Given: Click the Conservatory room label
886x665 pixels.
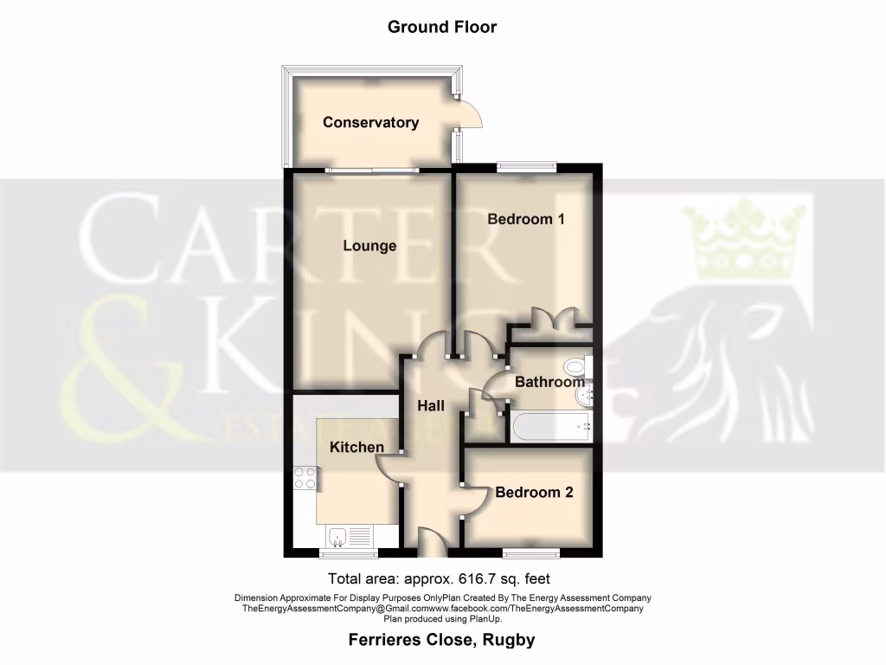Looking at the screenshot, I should click(x=370, y=122).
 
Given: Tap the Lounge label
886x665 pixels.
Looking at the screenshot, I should click(x=369, y=246).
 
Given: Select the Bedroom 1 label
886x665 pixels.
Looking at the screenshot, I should click(x=525, y=219).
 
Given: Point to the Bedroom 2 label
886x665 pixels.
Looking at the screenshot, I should click(x=534, y=493).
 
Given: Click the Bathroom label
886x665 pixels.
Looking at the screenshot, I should click(x=549, y=382).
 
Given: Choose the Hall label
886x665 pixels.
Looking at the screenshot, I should click(x=431, y=406).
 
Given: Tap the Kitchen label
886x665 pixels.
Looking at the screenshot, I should click(x=356, y=447).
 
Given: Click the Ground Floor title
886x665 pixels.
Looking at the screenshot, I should click(x=442, y=27).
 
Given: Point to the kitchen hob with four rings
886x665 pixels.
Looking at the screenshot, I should click(x=304, y=478).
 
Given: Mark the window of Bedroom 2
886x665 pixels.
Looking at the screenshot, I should click(x=530, y=552).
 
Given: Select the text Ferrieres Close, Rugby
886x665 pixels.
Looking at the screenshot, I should click(x=441, y=641).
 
